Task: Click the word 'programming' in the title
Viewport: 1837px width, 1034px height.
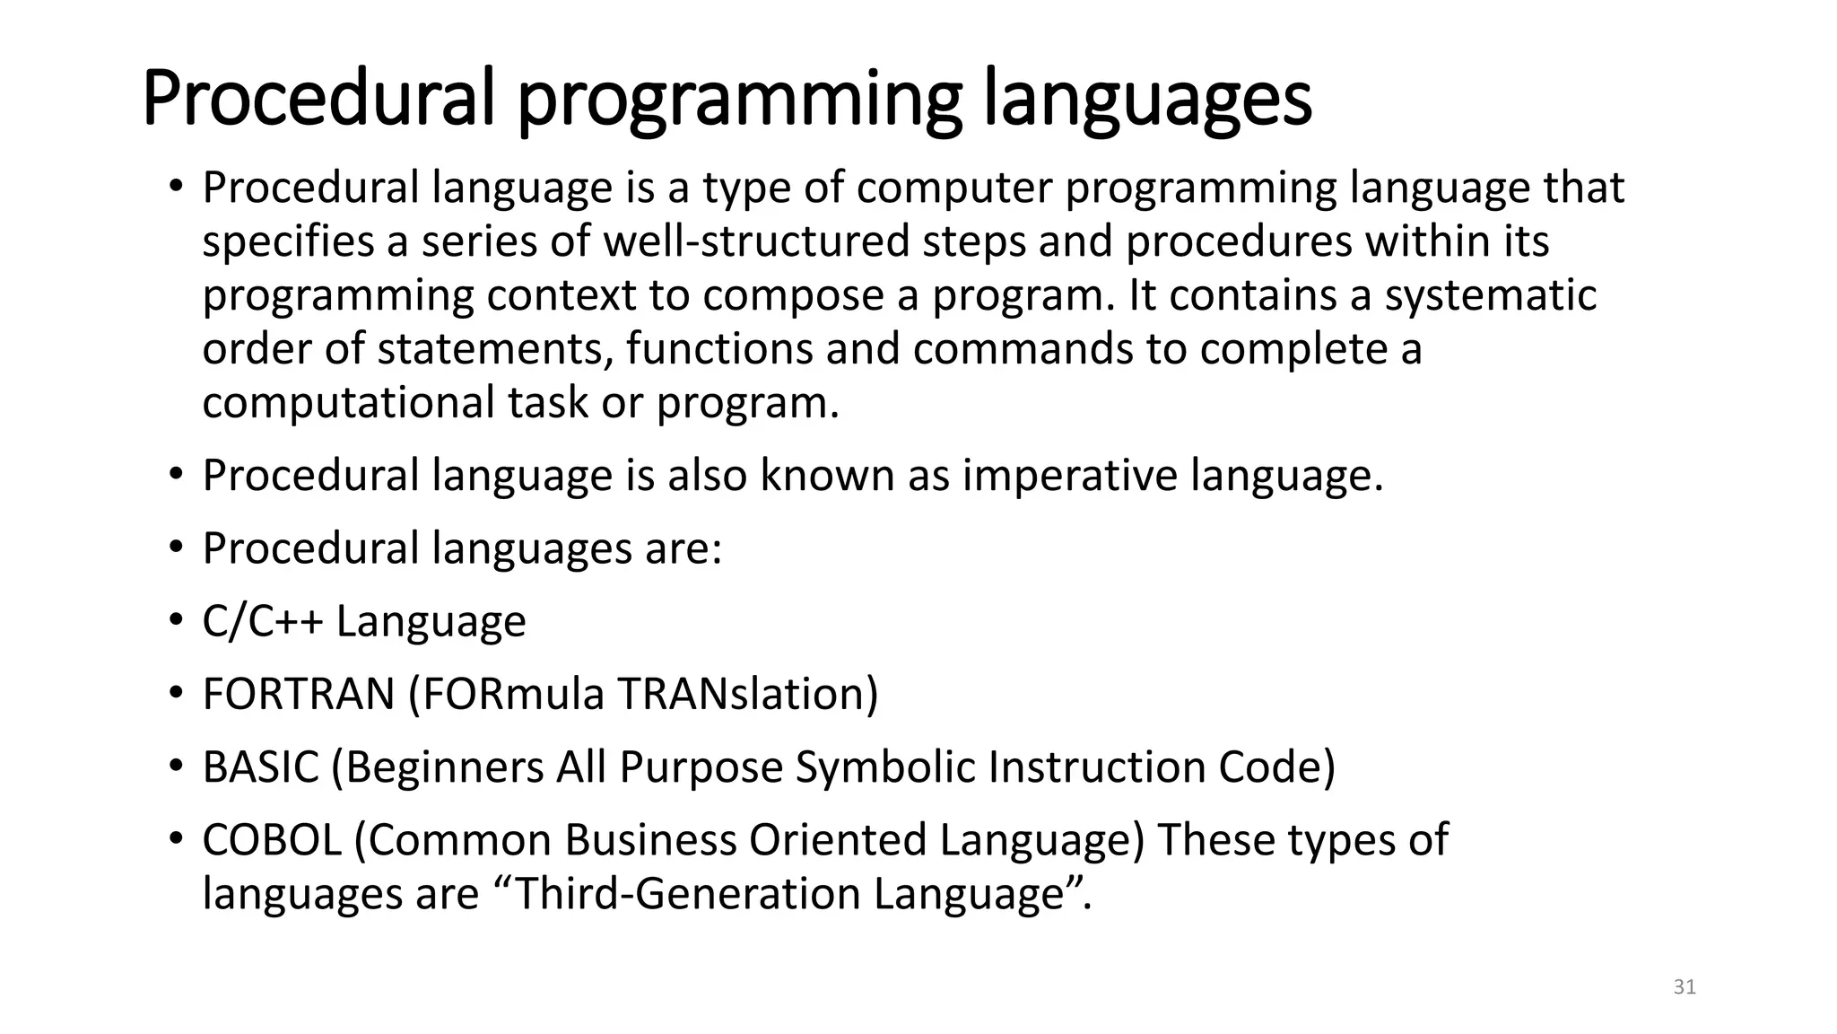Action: [740, 101]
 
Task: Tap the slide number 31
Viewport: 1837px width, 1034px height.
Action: [1685, 987]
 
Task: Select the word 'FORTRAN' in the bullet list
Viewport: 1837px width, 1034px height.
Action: [299, 694]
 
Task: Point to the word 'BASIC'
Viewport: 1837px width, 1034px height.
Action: [260, 767]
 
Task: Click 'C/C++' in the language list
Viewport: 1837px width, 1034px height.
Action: [262, 621]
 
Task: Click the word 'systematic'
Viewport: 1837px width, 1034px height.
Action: [1490, 296]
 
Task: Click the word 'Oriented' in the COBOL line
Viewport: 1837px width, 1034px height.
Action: [838, 840]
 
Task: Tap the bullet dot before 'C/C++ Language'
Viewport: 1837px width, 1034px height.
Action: [176, 621]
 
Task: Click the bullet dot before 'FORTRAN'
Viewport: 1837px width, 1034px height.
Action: [176, 694]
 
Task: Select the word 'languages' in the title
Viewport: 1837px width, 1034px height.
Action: [1147, 101]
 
